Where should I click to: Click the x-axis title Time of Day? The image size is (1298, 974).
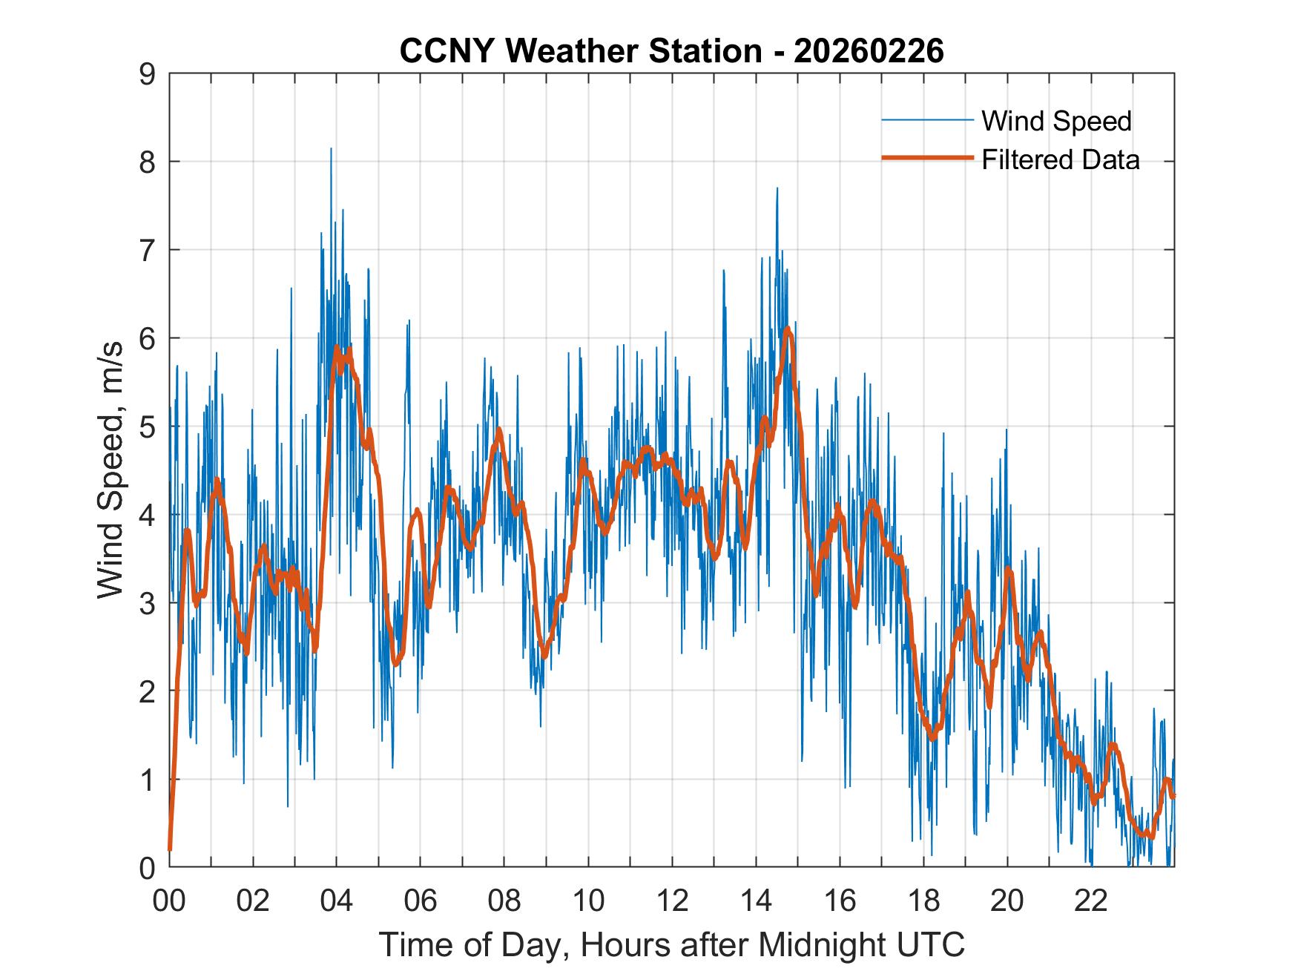point(672,944)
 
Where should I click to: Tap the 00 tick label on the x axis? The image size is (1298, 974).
point(169,901)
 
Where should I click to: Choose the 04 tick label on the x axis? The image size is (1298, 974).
point(337,901)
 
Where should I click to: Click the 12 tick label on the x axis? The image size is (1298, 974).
point(672,901)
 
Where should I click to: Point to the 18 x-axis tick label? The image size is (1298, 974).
point(923,901)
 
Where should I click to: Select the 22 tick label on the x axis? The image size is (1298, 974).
point(1091,901)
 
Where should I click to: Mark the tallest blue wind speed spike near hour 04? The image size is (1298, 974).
point(331,149)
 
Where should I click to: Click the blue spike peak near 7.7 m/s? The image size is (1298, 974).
point(777,188)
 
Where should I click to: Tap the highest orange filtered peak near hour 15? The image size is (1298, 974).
point(787,328)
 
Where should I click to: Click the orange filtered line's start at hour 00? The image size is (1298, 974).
point(170,849)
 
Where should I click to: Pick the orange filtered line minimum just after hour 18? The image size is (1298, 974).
point(933,738)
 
